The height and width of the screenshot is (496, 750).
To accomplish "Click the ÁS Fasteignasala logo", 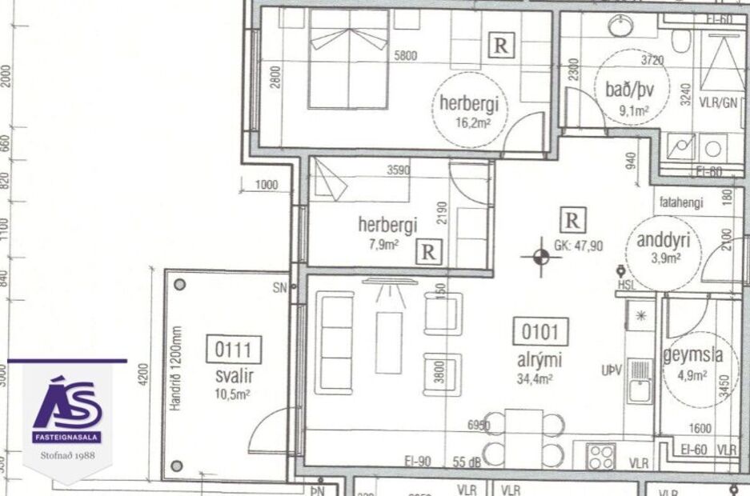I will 67,420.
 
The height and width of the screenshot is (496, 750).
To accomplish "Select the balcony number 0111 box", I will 234,350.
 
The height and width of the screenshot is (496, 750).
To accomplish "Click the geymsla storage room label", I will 693,356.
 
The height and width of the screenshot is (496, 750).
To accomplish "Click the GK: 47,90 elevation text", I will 578,246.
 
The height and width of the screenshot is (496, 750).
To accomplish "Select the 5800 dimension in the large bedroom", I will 406,57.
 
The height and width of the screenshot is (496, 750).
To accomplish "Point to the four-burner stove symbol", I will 601,457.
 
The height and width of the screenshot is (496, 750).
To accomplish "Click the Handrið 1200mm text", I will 177,368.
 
